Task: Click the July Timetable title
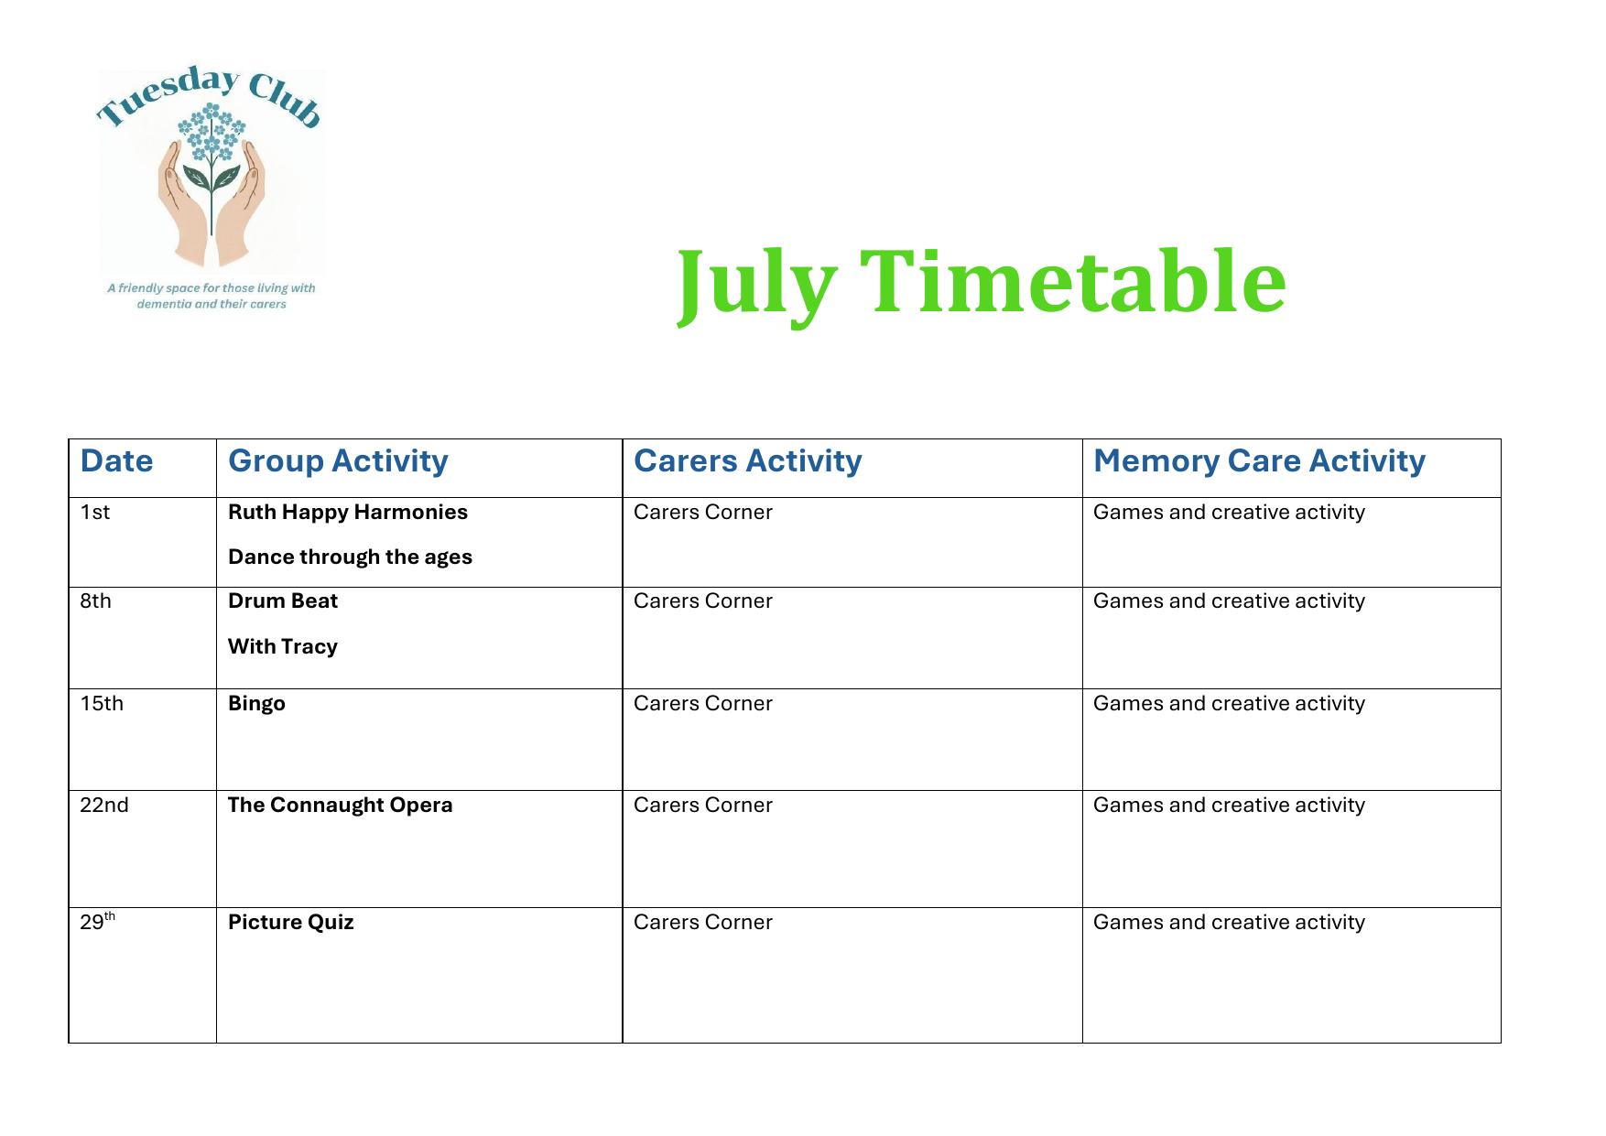[x=982, y=283]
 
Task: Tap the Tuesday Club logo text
[x=210, y=97]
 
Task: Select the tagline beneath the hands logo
[x=212, y=296]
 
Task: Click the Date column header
[x=116, y=460]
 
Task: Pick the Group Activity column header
[x=338, y=461]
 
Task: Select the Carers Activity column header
[x=747, y=460]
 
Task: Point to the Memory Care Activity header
[x=1259, y=461]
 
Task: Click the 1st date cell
[x=94, y=512]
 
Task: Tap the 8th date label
[x=95, y=600]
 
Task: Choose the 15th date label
[x=101, y=703]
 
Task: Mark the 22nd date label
[x=103, y=805]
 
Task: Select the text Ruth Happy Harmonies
[x=348, y=513]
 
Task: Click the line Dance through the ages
[x=350, y=557]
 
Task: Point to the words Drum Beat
[x=283, y=600]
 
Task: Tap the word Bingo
[x=256, y=704]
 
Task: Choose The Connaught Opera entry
[x=340, y=806]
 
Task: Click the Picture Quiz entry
[x=290, y=922]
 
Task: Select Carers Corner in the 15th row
[x=702, y=703]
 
